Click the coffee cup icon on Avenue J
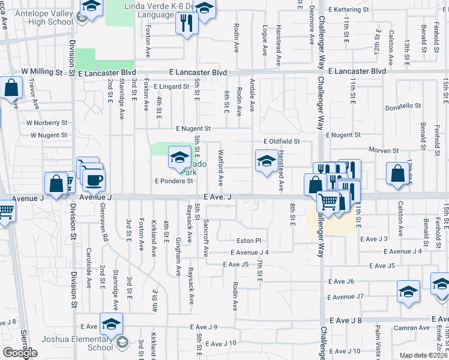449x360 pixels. [x=93, y=179]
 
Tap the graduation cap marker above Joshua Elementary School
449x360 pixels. [x=111, y=325]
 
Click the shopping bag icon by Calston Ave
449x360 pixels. [x=397, y=173]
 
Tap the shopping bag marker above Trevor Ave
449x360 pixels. [x=12, y=88]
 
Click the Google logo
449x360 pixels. [x=20, y=353]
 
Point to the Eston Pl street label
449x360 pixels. [x=249, y=241]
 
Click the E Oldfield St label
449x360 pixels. [x=281, y=141]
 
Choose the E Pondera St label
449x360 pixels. [x=173, y=180]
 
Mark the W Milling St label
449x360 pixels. [x=43, y=72]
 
